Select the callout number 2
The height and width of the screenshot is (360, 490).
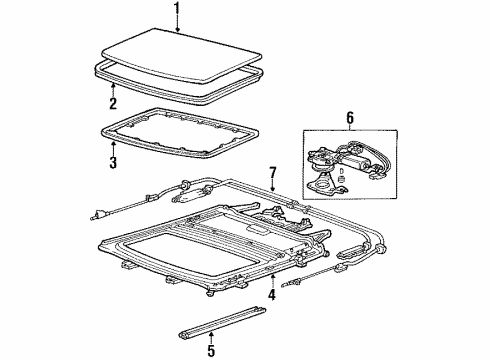coord(113,103)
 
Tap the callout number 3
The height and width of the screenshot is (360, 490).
coord(113,162)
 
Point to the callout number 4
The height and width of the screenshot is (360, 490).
coord(272,294)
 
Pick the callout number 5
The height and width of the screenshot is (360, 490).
coord(211,350)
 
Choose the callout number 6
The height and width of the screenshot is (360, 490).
coord(350,118)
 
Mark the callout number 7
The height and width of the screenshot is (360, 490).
coord(273,173)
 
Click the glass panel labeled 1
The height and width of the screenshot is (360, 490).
coord(182,55)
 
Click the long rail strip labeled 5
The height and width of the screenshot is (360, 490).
coord(222,322)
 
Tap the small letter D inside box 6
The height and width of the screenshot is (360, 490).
coord(341,170)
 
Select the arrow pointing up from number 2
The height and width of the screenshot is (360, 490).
coord(113,89)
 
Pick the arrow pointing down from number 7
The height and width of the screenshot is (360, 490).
coord(273,185)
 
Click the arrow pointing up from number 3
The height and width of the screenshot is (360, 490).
coord(113,148)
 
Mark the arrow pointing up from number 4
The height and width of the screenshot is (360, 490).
coord(272,280)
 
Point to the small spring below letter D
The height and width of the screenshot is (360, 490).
coord(341,179)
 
